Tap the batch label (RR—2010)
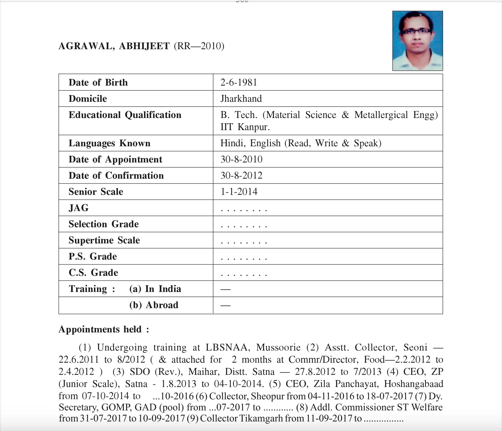(199, 46)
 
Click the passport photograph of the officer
(417, 41)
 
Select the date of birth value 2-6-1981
(239, 82)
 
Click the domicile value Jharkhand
(241, 98)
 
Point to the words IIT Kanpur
(245, 127)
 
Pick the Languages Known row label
(109, 143)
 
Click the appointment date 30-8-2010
(241, 159)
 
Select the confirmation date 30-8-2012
(241, 175)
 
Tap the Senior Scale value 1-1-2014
(239, 192)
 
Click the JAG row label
(79, 208)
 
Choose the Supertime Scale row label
(104, 240)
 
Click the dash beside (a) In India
(225, 289)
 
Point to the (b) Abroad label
(154, 305)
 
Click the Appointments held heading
(104, 329)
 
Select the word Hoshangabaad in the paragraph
(413, 384)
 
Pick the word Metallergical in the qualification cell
(381, 115)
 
